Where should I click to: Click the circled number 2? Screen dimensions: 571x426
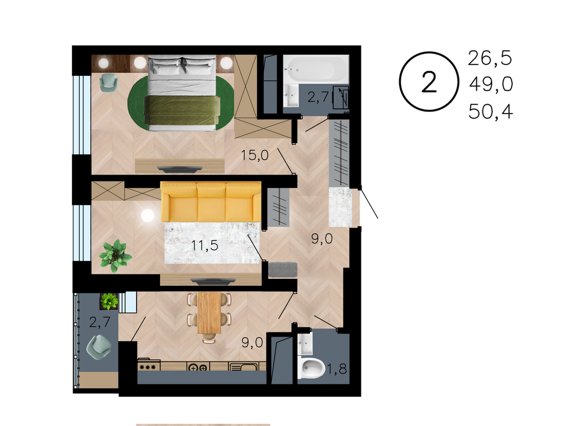[x=429, y=82]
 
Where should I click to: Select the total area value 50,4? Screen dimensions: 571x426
[x=490, y=111]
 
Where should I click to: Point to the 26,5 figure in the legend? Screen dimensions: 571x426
[x=490, y=58]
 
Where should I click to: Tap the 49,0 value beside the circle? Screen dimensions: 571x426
[x=491, y=84]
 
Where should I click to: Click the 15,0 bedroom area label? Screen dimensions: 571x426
[x=255, y=155]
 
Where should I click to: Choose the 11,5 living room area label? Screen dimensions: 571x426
[x=204, y=246]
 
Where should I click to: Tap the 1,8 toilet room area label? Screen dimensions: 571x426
[x=337, y=369]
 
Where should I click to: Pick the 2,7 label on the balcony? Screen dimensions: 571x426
[x=100, y=322]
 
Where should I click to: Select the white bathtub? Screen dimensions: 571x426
[x=316, y=68]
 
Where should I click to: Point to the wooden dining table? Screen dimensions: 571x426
[x=209, y=313]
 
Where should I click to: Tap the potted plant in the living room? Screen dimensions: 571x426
[x=115, y=255]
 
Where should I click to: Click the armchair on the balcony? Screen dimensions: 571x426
[x=99, y=347]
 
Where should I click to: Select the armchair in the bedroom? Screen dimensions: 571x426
[x=109, y=82]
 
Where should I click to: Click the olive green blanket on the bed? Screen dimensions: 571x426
[x=182, y=110]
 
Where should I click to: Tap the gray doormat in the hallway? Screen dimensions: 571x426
[x=283, y=270]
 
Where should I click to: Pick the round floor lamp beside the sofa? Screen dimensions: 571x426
[x=147, y=216]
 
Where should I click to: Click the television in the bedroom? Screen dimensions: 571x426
[x=179, y=169]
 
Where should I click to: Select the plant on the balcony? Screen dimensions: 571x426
[x=109, y=301]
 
